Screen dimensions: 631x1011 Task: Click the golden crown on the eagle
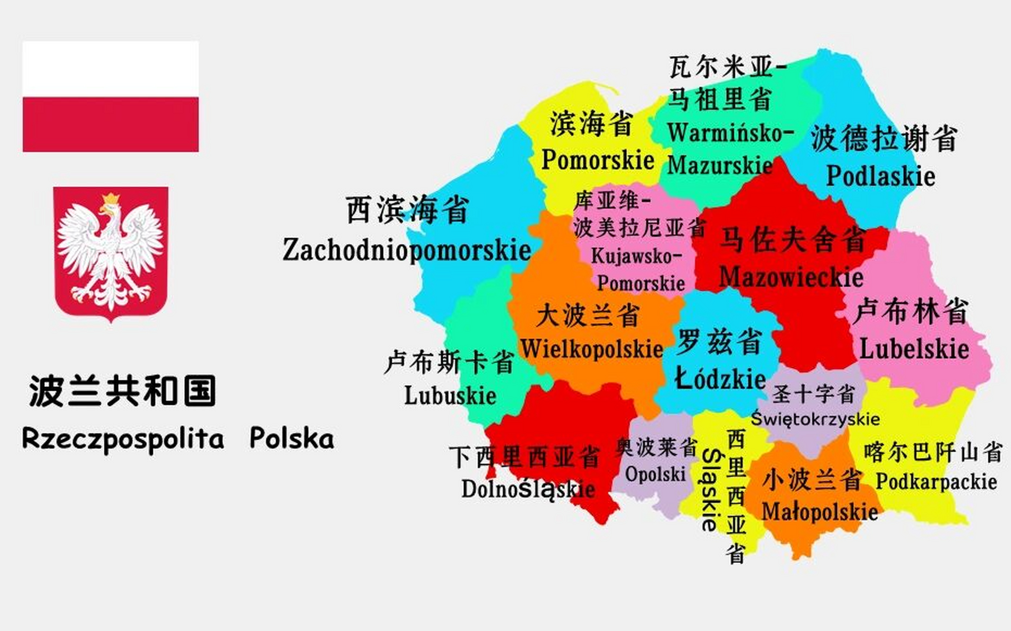click(111, 199)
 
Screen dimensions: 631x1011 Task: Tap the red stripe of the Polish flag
click(110, 124)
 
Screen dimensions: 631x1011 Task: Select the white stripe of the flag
click(110, 69)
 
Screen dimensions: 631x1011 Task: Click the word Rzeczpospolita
click(123, 438)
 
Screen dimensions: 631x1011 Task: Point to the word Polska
click(291, 438)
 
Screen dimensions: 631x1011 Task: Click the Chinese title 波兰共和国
click(123, 391)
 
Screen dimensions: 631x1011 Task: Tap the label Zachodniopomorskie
click(407, 249)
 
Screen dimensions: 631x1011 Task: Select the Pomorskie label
click(597, 160)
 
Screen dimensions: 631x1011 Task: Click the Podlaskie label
click(880, 176)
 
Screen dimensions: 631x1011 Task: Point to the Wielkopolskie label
click(592, 349)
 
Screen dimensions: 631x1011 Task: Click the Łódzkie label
click(720, 379)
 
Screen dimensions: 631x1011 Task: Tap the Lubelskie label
click(914, 349)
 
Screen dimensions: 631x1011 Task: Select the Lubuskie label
click(450, 395)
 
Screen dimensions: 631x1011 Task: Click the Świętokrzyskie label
click(815, 419)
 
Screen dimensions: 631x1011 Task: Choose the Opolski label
click(655, 474)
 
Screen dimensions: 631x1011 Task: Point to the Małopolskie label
click(819, 512)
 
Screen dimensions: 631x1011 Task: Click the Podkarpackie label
click(936, 482)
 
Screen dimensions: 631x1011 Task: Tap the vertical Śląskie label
click(710, 490)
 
